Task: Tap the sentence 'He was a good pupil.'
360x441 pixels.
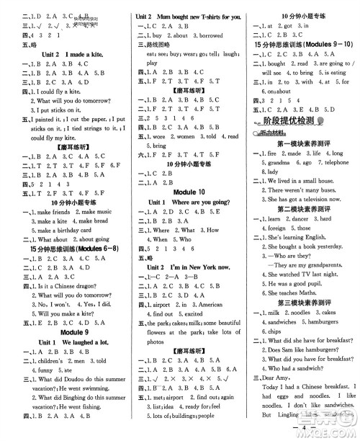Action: pyautogui.click(x=285, y=284)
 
